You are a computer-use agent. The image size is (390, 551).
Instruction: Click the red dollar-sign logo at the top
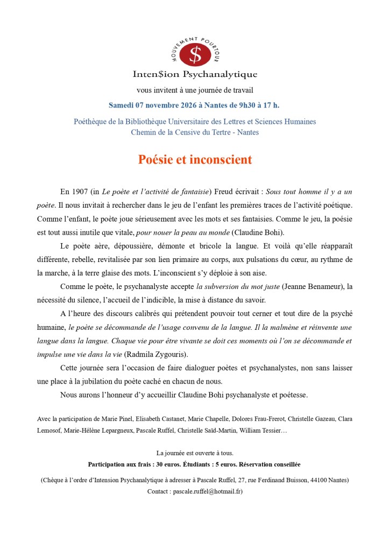[x=195, y=53]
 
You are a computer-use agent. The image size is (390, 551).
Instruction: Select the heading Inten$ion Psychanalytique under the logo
[x=195, y=74]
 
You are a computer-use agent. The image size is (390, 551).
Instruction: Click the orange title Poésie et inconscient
[x=195, y=160]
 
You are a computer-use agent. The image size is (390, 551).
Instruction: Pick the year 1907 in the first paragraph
[x=81, y=192]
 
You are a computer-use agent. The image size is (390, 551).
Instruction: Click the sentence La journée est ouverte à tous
[x=195, y=453]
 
